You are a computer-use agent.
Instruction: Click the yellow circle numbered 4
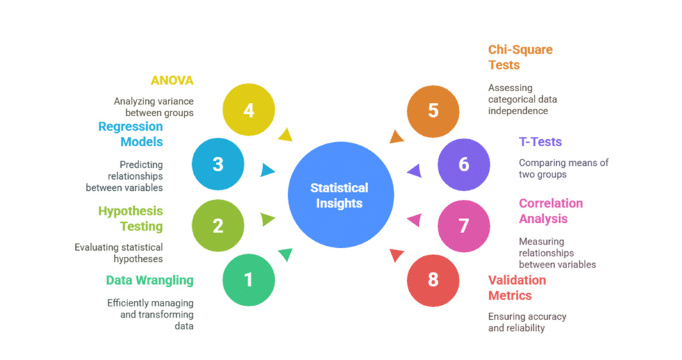click(248, 110)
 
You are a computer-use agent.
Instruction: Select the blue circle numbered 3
click(218, 164)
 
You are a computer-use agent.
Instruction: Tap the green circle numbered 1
click(248, 280)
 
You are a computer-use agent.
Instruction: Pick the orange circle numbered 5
click(433, 110)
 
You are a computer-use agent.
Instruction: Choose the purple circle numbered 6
click(463, 164)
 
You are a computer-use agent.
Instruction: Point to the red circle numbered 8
click(433, 280)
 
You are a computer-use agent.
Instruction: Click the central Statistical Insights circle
click(340, 196)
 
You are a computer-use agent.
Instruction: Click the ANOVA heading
click(172, 80)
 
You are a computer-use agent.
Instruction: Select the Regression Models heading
click(131, 134)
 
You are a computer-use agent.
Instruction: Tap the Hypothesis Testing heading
click(131, 218)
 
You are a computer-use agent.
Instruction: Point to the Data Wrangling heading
click(150, 280)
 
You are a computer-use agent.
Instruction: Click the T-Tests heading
click(540, 141)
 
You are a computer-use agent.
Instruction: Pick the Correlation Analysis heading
click(550, 210)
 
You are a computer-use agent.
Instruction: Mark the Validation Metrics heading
click(516, 288)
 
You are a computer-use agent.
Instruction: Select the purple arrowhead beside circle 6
click(414, 170)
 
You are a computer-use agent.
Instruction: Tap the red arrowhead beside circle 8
click(397, 255)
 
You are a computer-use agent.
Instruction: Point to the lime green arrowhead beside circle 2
click(267, 219)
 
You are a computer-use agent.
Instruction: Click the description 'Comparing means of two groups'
click(563, 168)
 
